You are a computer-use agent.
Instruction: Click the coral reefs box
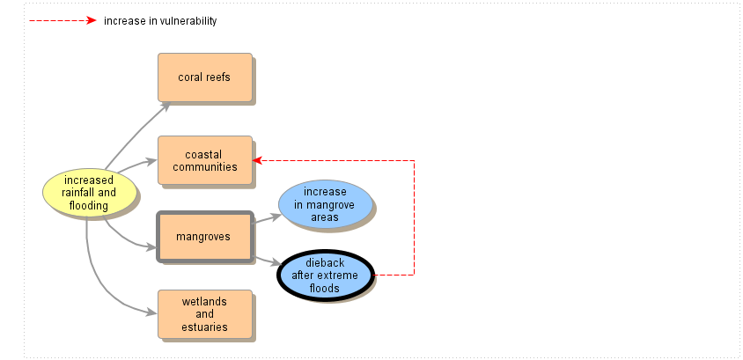point(204,77)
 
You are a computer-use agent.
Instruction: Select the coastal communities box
point(204,160)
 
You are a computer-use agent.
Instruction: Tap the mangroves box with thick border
point(204,237)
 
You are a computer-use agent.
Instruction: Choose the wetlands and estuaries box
point(204,314)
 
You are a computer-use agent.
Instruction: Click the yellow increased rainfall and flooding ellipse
point(89,193)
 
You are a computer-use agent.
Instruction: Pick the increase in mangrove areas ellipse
point(324,204)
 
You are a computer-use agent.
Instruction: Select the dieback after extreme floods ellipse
point(325,276)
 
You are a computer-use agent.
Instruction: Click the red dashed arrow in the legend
point(62,20)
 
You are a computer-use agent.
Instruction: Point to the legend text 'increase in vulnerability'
point(159,21)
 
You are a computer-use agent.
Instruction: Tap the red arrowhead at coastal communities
point(257,160)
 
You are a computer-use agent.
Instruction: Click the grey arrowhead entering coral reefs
point(166,106)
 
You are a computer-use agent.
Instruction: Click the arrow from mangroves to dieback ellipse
point(267,261)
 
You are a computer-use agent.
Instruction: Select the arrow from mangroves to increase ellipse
point(266,217)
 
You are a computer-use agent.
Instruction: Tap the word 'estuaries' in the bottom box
point(204,327)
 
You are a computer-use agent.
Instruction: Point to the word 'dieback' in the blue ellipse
point(325,263)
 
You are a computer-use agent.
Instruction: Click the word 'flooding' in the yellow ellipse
point(89,206)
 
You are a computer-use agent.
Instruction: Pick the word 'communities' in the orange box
point(204,167)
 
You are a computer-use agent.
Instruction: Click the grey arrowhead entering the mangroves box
point(152,246)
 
